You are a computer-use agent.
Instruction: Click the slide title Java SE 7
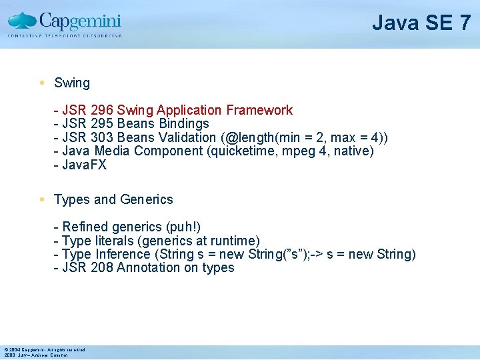421,23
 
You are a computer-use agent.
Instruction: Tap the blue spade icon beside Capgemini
23,21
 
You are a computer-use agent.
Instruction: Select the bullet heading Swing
72,83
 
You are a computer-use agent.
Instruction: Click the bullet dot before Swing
42,83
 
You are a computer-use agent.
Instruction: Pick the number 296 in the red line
103,110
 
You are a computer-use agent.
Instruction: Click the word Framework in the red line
259,110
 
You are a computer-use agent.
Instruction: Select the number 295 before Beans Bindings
103,124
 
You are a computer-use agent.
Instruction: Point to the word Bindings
184,124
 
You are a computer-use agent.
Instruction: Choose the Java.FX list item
84,165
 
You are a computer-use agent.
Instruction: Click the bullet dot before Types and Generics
42,199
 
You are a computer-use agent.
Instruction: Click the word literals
111,241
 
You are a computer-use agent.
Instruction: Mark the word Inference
123,254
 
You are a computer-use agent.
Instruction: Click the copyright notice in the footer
45,349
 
